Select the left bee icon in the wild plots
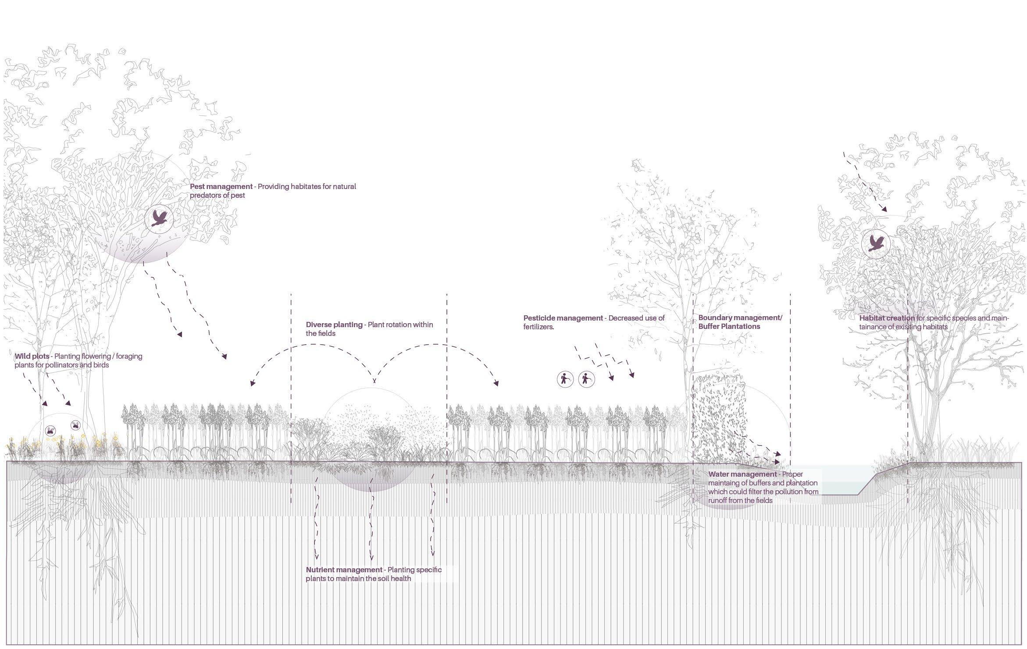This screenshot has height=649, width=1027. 51,431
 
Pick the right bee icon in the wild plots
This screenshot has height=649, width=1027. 76,425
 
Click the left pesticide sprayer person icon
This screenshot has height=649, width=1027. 565,379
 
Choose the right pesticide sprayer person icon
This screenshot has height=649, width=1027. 586,379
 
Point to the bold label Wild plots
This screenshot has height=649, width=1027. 32,356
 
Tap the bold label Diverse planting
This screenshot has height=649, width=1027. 334,325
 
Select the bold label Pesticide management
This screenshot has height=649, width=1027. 563,318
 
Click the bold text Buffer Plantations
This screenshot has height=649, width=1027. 729,327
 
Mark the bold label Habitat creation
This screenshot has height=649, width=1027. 887,318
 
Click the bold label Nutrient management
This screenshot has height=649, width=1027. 344,570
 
